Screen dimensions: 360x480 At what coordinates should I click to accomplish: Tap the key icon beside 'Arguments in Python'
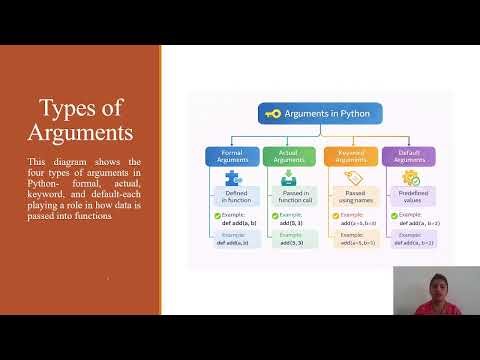click(x=273, y=114)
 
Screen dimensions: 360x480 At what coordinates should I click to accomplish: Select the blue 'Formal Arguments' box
click(x=232, y=156)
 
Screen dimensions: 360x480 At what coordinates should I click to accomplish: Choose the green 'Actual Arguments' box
click(x=289, y=156)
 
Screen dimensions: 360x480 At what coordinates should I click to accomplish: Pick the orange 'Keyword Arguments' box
click(x=350, y=156)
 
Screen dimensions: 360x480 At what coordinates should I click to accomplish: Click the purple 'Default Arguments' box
click(x=408, y=156)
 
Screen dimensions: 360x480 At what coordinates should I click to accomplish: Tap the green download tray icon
click(x=289, y=178)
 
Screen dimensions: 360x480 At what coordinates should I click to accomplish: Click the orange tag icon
click(x=350, y=178)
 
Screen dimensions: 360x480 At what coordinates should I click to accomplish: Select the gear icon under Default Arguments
click(x=409, y=178)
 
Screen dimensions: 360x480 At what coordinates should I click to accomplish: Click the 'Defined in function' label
click(x=237, y=196)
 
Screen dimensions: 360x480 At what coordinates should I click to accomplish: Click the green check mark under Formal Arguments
click(x=216, y=215)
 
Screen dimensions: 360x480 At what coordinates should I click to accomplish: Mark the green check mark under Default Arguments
click(x=394, y=215)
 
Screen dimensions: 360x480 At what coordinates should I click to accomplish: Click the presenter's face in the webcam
click(x=436, y=281)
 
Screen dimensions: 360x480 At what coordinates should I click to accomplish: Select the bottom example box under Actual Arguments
click(x=290, y=239)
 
